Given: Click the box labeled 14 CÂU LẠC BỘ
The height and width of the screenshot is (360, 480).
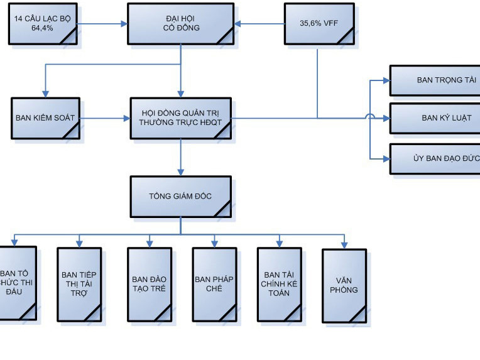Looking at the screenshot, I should point(43,25).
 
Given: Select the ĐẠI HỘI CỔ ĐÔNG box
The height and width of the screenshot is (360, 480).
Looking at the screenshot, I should point(180,24).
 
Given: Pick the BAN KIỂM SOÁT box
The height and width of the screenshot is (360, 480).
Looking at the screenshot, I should point(45,117).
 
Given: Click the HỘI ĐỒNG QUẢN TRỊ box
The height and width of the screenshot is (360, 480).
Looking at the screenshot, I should point(180,117).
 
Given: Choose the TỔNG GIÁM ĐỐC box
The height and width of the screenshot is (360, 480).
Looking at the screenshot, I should point(180,196).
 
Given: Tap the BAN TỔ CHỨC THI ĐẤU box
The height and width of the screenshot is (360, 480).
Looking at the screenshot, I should point(17,282).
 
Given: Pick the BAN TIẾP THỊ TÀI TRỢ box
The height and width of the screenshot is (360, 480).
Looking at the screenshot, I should point(79,283).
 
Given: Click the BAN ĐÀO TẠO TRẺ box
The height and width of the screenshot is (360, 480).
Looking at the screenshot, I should point(149,284).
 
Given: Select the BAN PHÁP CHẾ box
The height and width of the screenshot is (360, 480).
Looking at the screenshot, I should point(214,284).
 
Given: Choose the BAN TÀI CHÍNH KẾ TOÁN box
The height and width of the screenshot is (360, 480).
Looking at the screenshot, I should point(280,283).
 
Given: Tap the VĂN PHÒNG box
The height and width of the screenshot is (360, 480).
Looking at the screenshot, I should point(344,285).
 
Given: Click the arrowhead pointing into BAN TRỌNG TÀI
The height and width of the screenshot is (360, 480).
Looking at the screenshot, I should point(386,80).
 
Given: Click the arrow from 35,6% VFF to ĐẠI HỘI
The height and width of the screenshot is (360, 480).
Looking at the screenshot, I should point(259,25).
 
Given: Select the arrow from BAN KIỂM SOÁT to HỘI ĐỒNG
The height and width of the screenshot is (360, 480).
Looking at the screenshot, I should point(105,118).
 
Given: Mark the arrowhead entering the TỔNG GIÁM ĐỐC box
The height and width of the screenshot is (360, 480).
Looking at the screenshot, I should point(181,172).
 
